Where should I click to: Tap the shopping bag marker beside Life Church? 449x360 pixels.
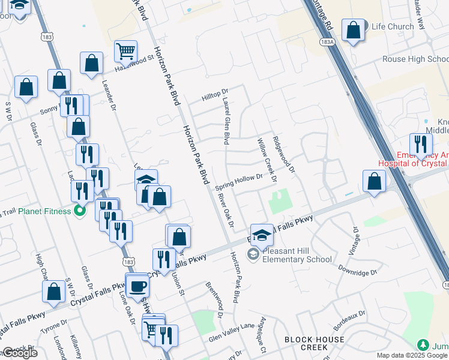354,31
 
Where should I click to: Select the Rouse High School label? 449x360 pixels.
415,59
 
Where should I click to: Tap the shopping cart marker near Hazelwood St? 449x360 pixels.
125,52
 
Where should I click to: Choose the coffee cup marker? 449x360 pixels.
137,286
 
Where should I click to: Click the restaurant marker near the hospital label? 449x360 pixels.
421,145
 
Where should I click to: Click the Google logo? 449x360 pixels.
19,353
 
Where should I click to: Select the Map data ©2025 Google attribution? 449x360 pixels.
412,355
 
